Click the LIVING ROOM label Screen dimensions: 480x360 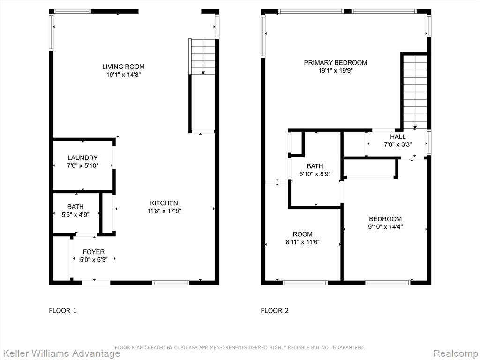click(123, 67)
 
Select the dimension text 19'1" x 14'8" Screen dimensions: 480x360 click(123, 75)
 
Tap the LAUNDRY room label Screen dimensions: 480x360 click(82, 157)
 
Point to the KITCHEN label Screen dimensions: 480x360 click(164, 203)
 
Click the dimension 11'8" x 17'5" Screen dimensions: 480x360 click(164, 211)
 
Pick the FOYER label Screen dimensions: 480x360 click(94, 252)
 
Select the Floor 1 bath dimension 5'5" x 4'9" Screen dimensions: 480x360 click(75, 215)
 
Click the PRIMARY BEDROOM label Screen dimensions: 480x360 click(336, 63)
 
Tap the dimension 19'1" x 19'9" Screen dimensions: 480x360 click(336, 71)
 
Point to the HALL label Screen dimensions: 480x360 click(397, 137)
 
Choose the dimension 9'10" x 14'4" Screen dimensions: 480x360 click(385, 227)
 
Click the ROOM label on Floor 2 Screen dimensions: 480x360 click(303, 234)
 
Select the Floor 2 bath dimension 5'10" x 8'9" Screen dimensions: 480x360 click(315, 174)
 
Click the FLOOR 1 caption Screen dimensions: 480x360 click(63, 311)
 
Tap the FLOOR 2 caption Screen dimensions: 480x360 click(275, 311)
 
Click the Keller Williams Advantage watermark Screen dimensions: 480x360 click(60, 353)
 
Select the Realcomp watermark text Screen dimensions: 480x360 click(456, 353)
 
